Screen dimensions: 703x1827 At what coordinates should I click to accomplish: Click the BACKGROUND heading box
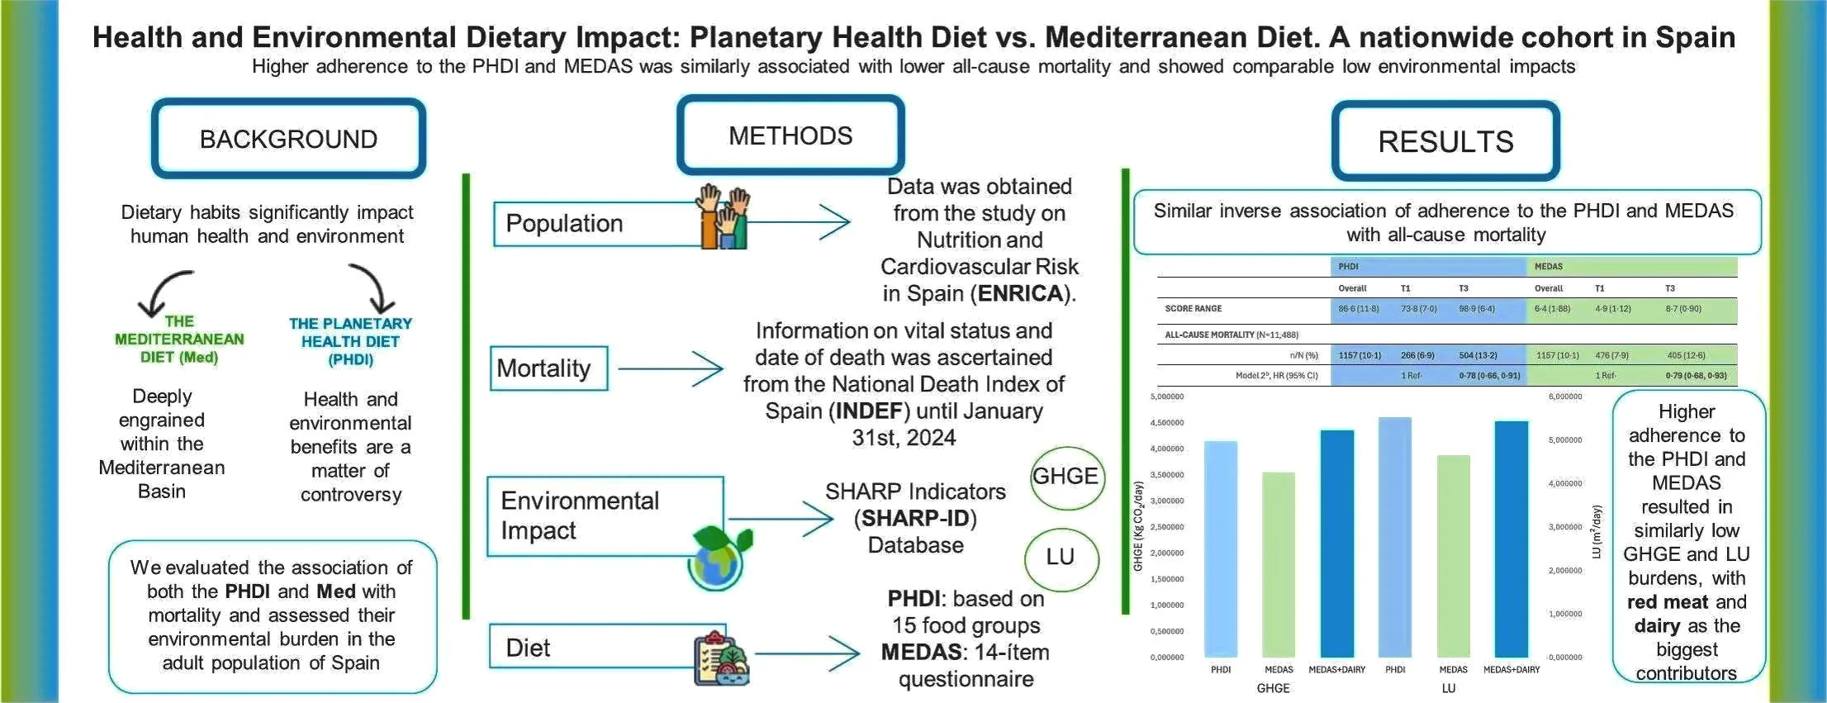[288, 139]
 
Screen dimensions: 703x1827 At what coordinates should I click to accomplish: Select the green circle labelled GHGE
[1065, 477]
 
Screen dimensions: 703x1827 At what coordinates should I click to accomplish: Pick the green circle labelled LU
[1061, 557]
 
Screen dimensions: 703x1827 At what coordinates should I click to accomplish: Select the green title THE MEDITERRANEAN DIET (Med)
[179, 340]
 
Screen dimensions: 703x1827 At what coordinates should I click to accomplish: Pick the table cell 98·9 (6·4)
[1476, 309]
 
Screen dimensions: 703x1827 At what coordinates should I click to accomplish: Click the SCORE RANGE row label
[1193, 309]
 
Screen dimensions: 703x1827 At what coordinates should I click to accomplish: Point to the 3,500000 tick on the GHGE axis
[1166, 475]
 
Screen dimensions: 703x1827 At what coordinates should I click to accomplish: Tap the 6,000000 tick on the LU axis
[1565, 397]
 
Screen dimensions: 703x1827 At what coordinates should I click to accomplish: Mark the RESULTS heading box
[1445, 141]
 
